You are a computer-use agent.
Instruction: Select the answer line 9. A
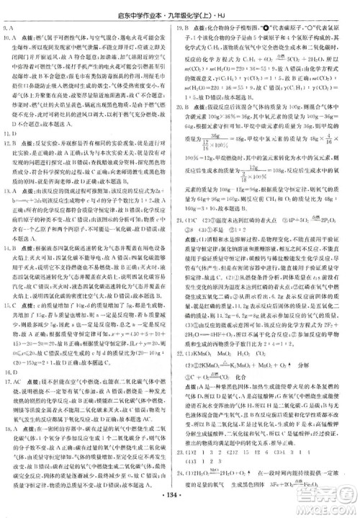pos(10,27)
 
